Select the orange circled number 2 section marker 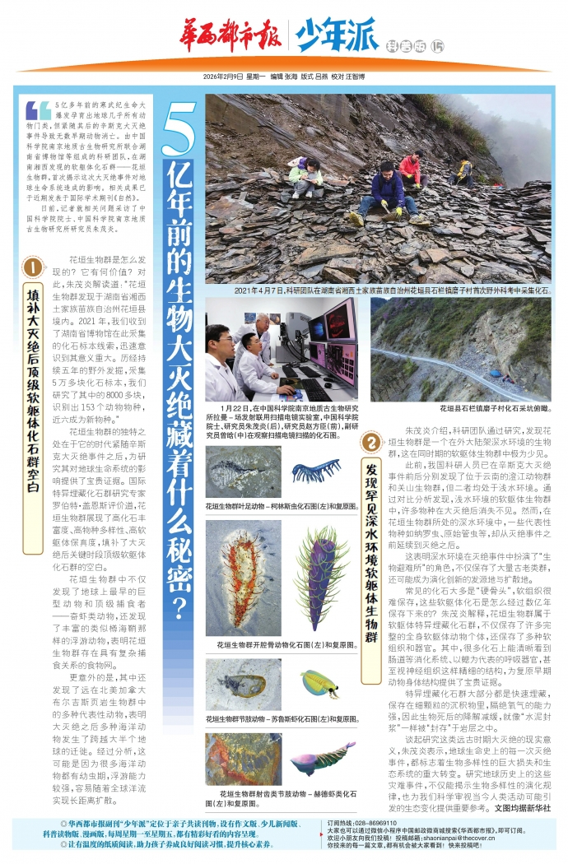[371, 444]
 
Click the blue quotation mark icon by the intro [38, 109]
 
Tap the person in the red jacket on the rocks [410, 170]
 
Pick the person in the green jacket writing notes [306, 176]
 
